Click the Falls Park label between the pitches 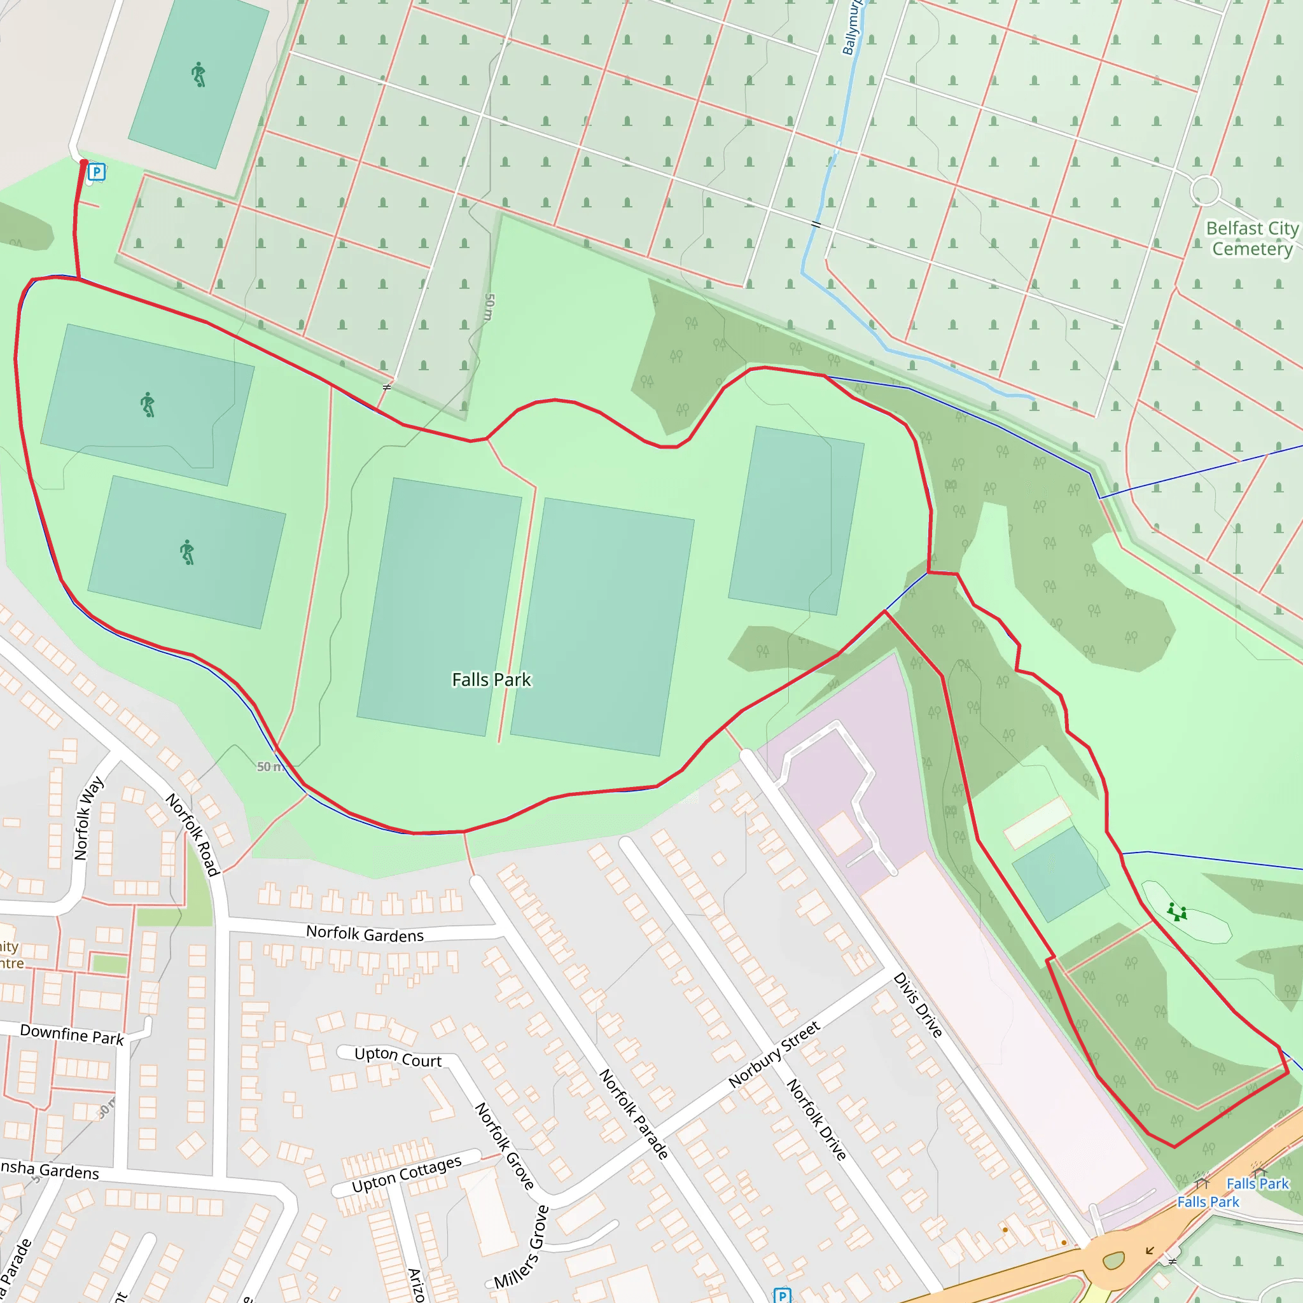[x=491, y=680]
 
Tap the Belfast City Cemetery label [x=1251, y=239]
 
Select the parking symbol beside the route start [x=97, y=172]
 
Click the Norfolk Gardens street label [x=365, y=934]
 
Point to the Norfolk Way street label [x=88, y=818]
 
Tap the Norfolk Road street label [x=193, y=834]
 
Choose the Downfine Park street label [x=72, y=1035]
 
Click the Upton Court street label [x=398, y=1057]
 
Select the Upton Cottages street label [x=407, y=1173]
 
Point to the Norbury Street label [x=774, y=1055]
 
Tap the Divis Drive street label [x=917, y=1005]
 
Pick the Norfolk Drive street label [x=817, y=1120]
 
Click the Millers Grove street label [x=522, y=1248]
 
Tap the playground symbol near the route [x=1177, y=912]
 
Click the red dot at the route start [x=83, y=162]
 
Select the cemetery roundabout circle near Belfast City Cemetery [x=1205, y=190]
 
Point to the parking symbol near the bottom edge [x=782, y=1295]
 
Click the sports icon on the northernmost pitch [x=199, y=74]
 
